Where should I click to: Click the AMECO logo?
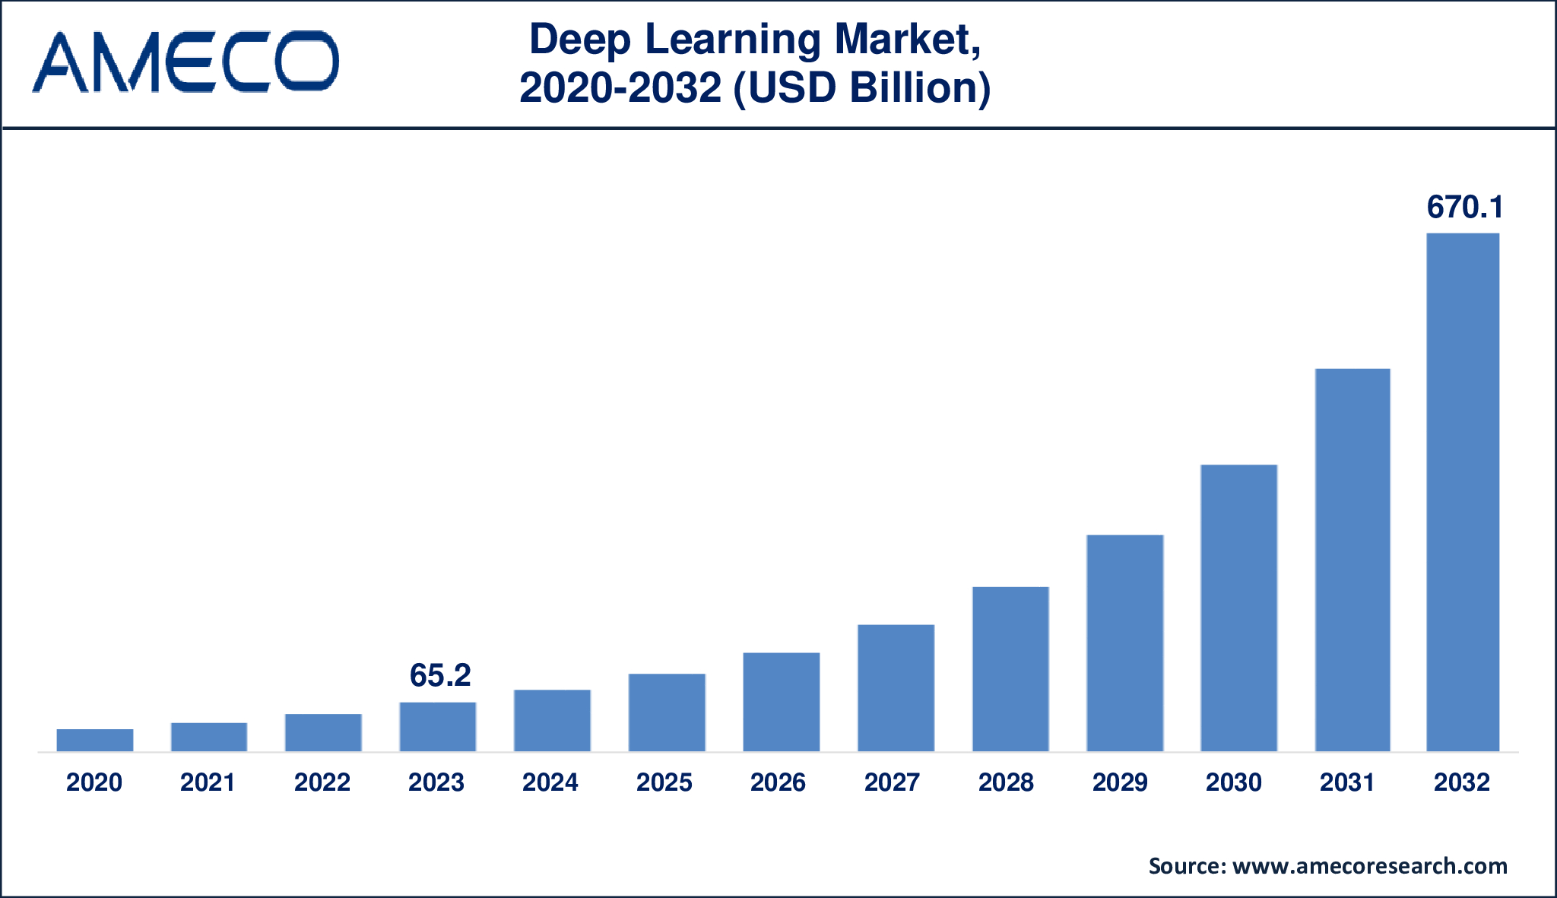185,62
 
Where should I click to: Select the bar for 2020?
95,740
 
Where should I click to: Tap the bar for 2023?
438,727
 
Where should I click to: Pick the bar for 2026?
781,702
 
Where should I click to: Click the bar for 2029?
1124,643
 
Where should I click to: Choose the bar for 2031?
1352,560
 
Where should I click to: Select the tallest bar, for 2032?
1463,493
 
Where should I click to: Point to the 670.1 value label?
1465,207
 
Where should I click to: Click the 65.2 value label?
440,675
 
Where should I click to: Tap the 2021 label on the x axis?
208,782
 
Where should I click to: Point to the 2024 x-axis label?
550,782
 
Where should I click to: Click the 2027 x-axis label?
892,782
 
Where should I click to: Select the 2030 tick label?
1234,782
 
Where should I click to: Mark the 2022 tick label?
322,782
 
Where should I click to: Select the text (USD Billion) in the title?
861,87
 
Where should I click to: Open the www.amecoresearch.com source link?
1369,866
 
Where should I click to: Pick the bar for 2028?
1010,669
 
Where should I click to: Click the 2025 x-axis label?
664,782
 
